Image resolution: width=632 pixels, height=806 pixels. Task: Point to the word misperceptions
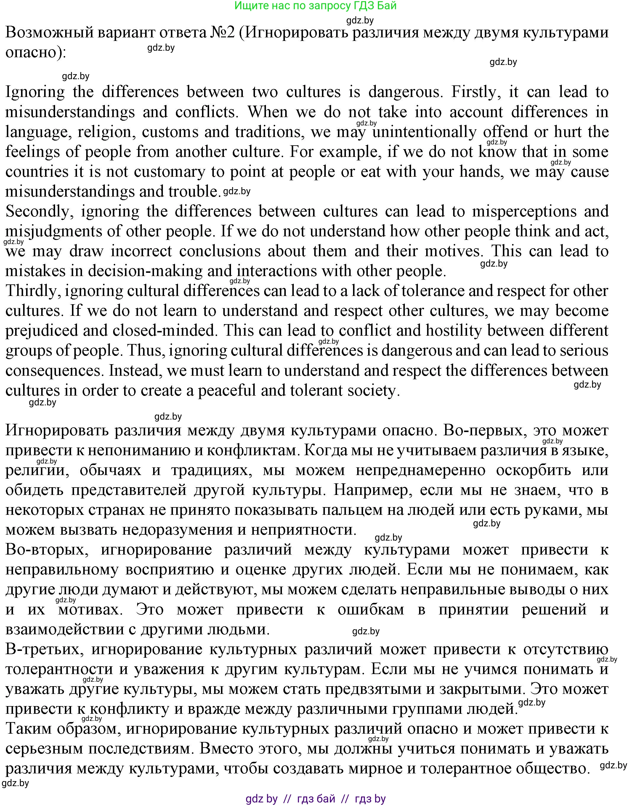click(524, 211)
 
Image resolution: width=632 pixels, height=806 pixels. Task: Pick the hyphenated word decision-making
click(145, 271)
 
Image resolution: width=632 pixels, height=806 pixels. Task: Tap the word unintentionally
click(424, 132)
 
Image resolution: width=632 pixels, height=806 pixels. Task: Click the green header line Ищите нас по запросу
click(316, 6)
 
